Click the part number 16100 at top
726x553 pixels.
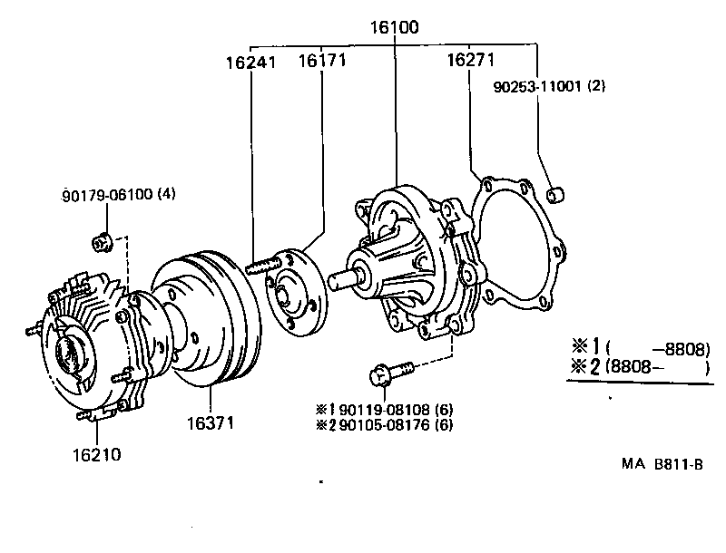click(394, 28)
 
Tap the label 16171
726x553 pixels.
click(323, 62)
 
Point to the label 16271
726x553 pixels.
click(470, 62)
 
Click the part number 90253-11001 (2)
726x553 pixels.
click(549, 87)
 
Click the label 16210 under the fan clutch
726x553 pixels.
click(96, 453)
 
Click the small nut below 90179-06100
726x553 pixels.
click(102, 241)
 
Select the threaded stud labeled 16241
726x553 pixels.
click(261, 266)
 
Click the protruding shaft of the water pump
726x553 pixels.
click(346, 278)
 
